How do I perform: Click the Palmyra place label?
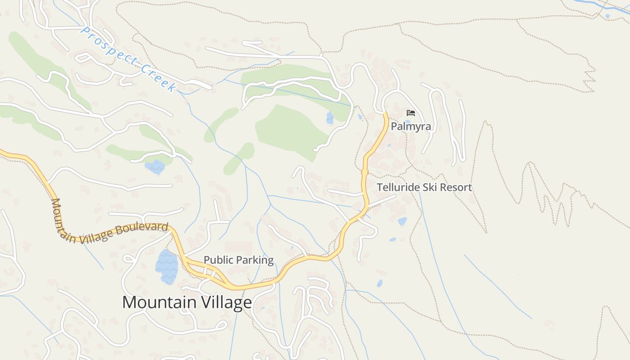pyautogui.click(x=410, y=126)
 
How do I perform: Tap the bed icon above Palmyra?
pyautogui.click(x=410, y=112)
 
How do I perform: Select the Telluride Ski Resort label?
pyautogui.click(x=424, y=187)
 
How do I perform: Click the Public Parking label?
pyautogui.click(x=238, y=260)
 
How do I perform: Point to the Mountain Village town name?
pyautogui.click(x=187, y=302)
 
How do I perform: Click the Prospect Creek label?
pyautogui.click(x=128, y=58)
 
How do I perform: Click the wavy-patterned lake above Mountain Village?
pyautogui.click(x=166, y=267)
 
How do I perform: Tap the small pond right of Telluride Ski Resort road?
pyautogui.click(x=402, y=221)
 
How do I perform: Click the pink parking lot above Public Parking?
pyautogui.click(x=238, y=247)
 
